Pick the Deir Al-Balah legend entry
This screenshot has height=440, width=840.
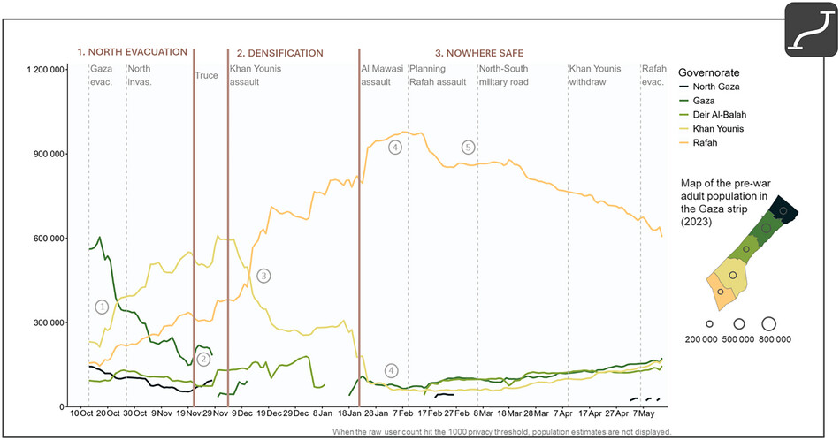pos(713,115)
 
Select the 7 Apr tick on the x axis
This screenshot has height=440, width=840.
pos(563,413)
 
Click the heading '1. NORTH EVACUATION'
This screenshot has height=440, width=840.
pos(133,52)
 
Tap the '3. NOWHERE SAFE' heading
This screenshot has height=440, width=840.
pos(479,53)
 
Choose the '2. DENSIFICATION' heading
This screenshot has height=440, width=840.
pos(280,53)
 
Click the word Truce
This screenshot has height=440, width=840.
pos(206,75)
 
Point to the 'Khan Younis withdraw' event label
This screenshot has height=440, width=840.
pos(595,75)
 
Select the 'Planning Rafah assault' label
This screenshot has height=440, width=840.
pos(438,75)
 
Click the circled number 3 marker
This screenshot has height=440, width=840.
pos(263,277)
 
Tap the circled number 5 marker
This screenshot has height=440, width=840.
pos(469,148)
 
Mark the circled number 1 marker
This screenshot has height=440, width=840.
pos(102,307)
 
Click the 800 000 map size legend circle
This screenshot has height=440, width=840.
pos(768,324)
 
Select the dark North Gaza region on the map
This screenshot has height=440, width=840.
pos(783,210)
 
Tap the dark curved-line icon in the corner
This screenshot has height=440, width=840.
pos(811,29)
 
